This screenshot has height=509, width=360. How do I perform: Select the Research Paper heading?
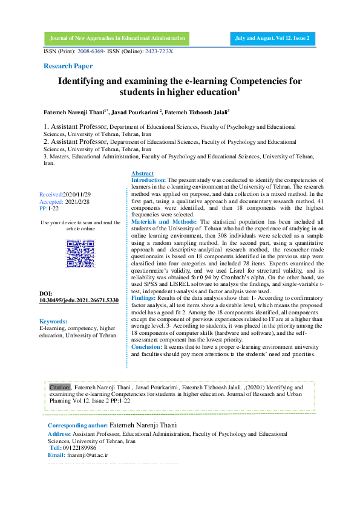click(68, 65)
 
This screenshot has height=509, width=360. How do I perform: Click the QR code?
click(80, 254)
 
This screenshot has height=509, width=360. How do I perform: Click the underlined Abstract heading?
click(142, 173)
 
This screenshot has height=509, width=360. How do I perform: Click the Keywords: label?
click(53, 321)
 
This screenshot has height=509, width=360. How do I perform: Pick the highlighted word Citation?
click(60, 386)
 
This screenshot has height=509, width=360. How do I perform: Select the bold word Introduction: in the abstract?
click(149, 180)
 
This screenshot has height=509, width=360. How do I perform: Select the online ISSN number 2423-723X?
click(159, 51)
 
